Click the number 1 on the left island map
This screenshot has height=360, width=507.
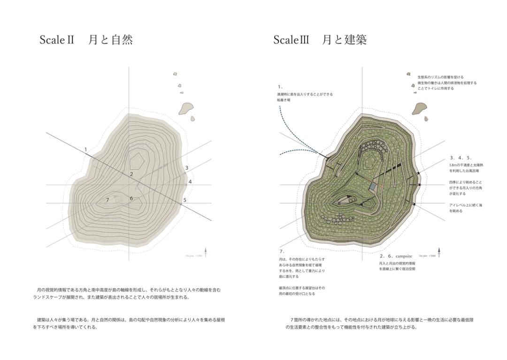pos(85,150)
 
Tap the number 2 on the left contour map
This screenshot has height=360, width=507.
pos(131,174)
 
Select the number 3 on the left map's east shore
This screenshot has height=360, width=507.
pos(187,168)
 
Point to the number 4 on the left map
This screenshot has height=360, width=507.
pos(190,182)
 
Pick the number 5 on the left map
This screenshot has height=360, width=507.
pos(185,200)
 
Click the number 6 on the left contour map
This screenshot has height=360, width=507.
pos(131,198)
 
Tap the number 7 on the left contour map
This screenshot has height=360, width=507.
pos(108,200)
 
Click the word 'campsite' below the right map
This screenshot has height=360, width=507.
pos(404,256)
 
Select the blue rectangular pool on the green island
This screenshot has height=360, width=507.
pos(372,187)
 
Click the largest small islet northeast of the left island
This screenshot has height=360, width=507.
pos(185,109)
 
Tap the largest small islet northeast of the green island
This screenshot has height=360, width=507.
pos(419,109)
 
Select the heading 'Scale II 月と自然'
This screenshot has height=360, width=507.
pos(86,40)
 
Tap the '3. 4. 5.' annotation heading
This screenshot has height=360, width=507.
pos(461,158)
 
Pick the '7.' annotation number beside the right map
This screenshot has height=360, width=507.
pos(282,252)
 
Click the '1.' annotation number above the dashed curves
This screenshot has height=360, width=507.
pos(280,87)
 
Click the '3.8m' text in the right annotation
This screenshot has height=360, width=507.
pos(453,165)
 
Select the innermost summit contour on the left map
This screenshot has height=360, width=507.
pos(138,160)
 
